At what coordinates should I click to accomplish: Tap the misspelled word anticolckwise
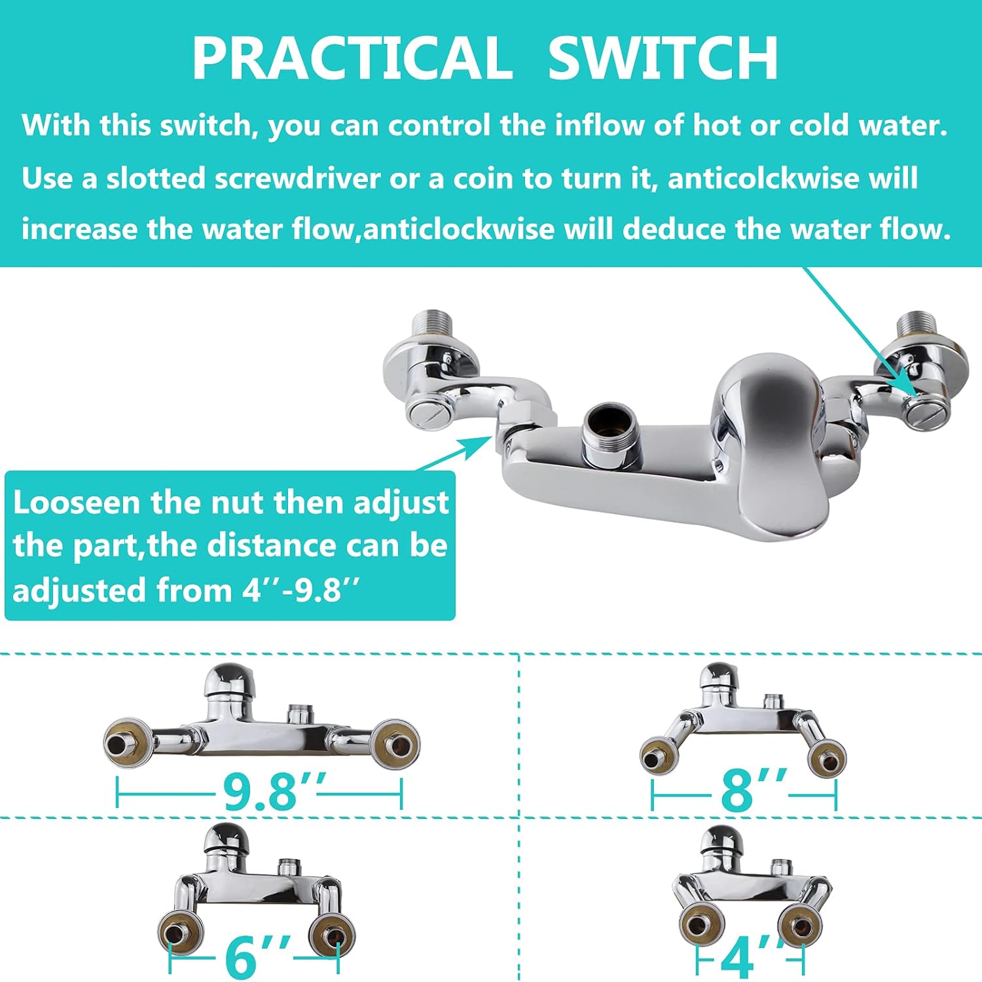763,179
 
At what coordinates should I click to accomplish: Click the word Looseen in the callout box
77,503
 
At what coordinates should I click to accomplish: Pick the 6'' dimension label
257,957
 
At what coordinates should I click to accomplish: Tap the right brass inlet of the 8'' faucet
826,759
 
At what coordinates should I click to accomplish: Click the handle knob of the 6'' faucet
226,839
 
